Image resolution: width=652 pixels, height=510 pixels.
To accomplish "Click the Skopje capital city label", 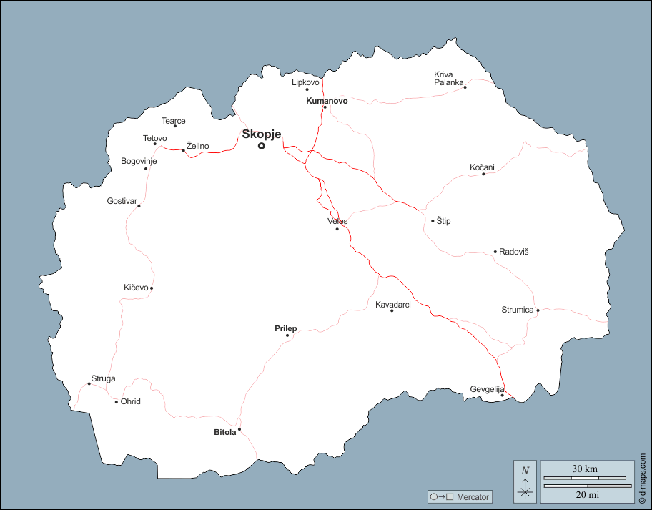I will click(262, 134).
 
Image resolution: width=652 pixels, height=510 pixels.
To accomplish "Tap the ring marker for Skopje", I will click(262, 146).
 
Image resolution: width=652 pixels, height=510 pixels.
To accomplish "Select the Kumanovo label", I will click(327, 101).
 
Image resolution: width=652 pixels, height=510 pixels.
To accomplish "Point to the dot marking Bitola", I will click(239, 429).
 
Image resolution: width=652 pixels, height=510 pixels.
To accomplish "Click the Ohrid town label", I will click(131, 401).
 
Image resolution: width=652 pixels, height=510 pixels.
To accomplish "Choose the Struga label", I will click(103, 378).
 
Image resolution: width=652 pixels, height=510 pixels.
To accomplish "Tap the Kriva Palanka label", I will click(449, 78).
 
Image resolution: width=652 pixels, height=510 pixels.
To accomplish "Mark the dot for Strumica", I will click(538, 310).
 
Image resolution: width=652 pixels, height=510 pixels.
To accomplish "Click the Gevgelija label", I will click(487, 389).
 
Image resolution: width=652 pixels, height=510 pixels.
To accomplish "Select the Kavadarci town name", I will click(393, 305).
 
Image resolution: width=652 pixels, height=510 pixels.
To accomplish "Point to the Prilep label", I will click(286, 328).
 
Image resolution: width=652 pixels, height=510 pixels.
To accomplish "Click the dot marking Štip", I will click(433, 221).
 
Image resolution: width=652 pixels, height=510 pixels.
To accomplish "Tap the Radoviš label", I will click(514, 252).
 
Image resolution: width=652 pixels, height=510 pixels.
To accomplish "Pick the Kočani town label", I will click(482, 167).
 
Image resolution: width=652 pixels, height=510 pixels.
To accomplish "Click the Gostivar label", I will click(121, 201).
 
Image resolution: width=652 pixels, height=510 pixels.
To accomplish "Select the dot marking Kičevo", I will click(152, 288).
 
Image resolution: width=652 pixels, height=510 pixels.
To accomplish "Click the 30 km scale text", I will click(585, 469).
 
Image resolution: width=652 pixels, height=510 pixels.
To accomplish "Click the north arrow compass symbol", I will click(525, 481).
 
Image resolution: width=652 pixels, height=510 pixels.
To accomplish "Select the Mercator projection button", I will click(459, 496).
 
